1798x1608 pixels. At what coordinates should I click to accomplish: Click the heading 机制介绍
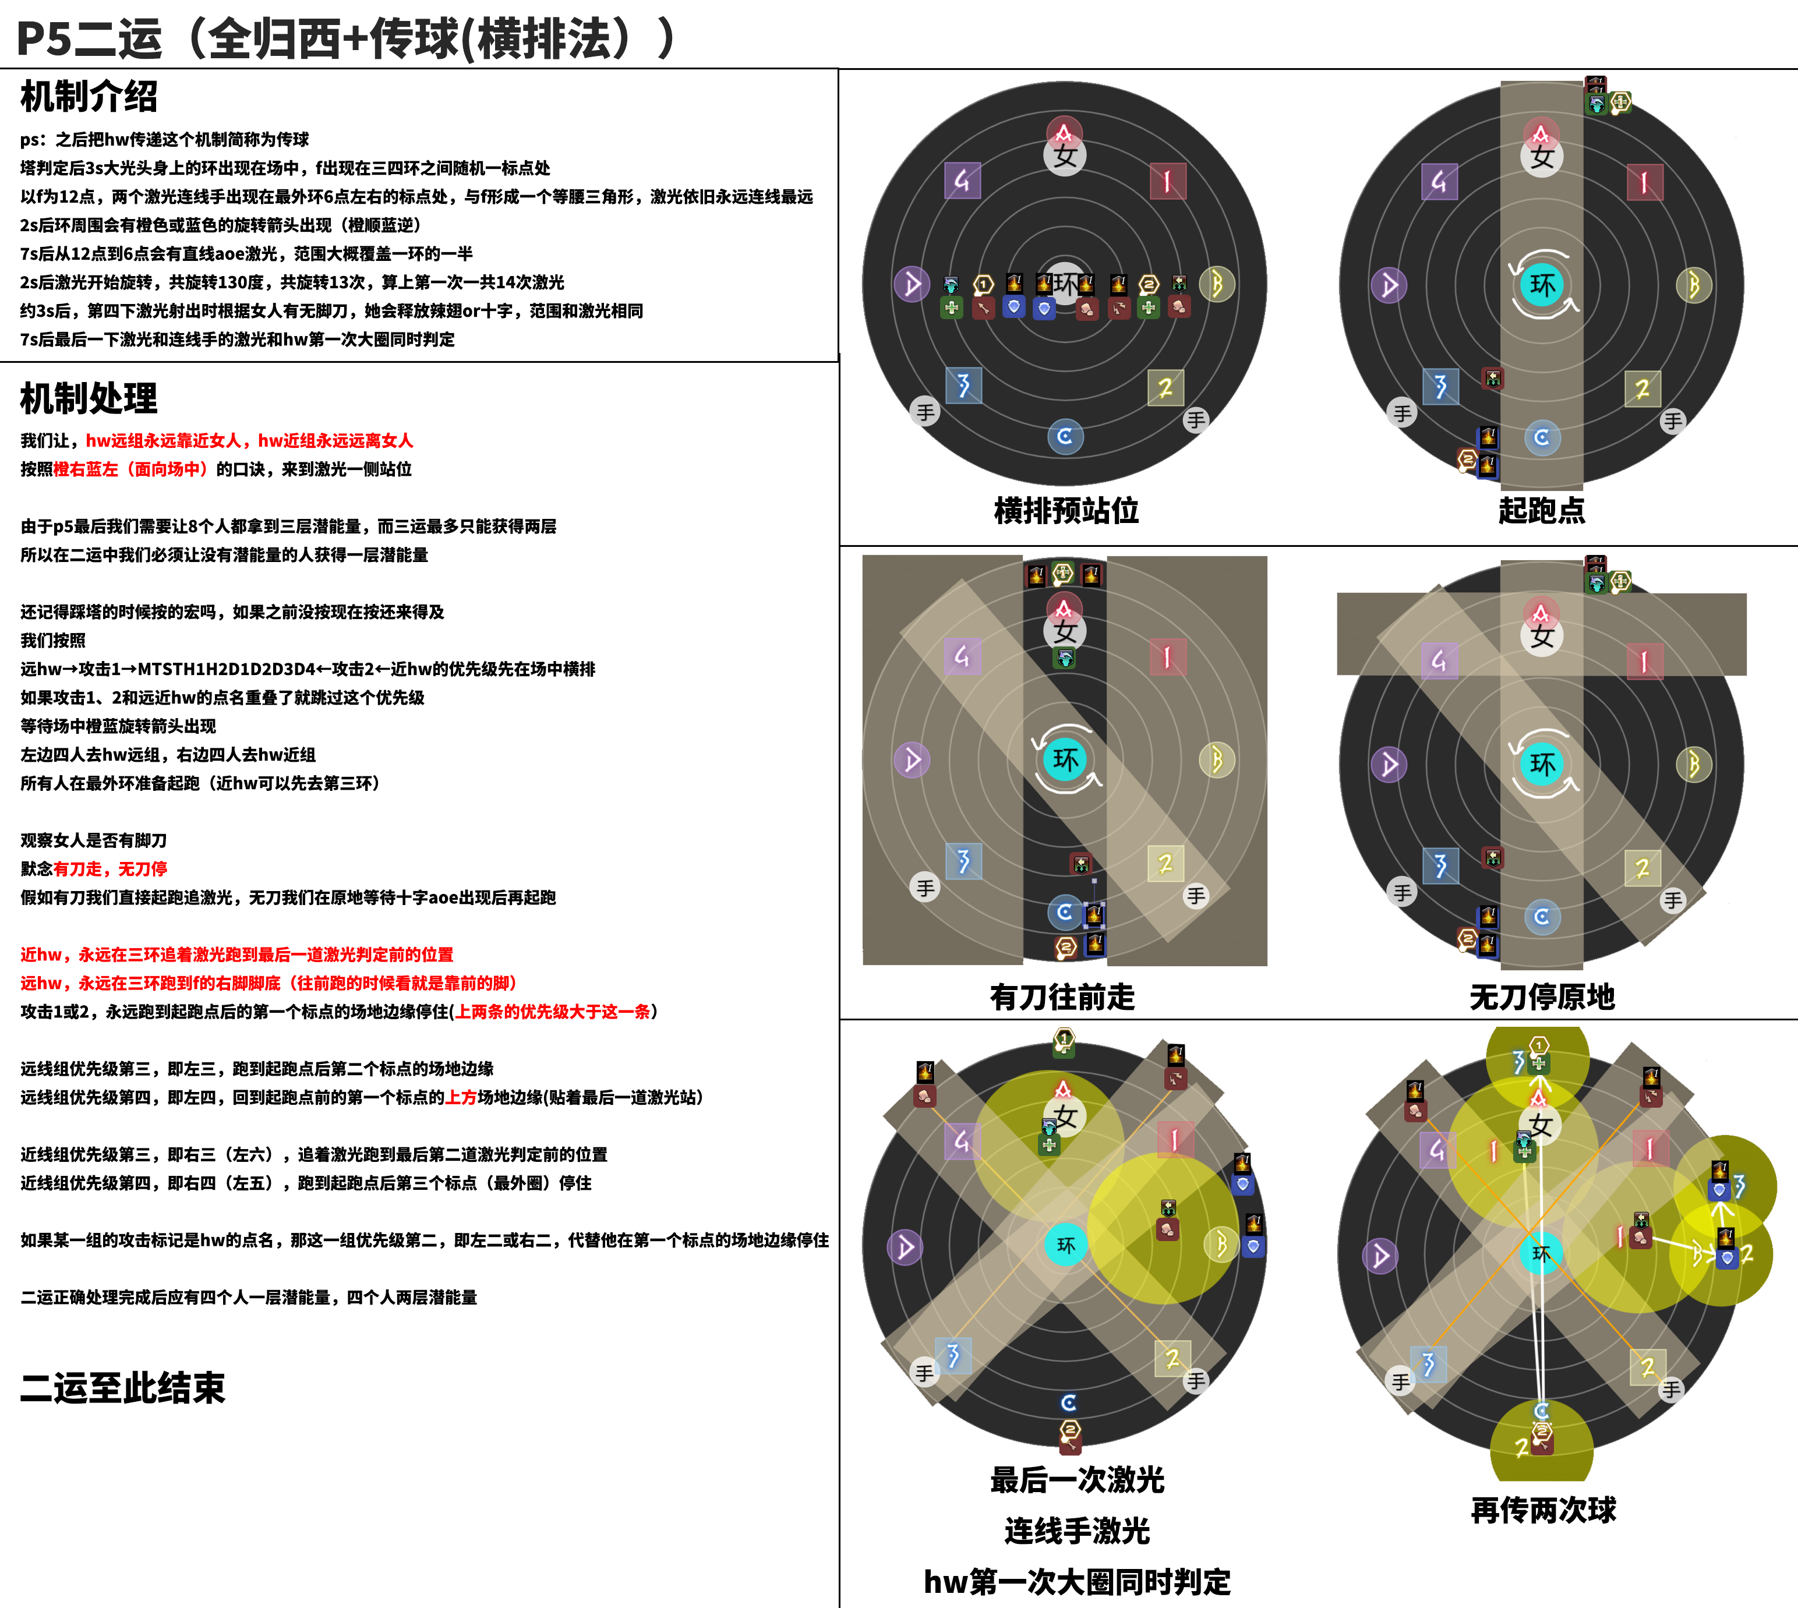tap(89, 96)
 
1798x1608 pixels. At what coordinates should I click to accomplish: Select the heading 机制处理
tap(89, 398)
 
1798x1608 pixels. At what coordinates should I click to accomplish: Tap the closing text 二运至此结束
tap(123, 1388)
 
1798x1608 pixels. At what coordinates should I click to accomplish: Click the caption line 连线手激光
tap(1077, 1531)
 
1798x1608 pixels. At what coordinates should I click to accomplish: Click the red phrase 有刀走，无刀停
tap(111, 868)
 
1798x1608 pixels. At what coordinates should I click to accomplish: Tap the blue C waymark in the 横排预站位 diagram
tap(1065, 436)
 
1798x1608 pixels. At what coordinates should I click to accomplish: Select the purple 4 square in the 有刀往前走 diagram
tap(962, 656)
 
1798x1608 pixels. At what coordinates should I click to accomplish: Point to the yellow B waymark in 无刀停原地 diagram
tap(1694, 764)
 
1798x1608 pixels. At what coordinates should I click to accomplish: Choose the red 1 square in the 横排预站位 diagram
tap(1168, 181)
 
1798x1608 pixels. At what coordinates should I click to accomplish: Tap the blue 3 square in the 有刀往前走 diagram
tap(963, 861)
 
